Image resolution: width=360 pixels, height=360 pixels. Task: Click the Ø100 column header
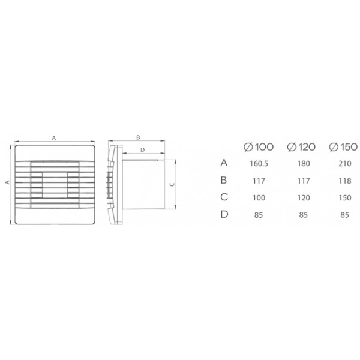tap(259, 147)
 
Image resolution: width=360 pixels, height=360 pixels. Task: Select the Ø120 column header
tap(301, 147)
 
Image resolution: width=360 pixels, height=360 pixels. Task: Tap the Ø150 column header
tap(343, 147)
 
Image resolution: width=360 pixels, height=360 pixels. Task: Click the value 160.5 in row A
tap(259, 163)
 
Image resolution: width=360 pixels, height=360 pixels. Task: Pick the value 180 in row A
tap(304, 163)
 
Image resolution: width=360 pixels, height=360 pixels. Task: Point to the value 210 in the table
tap(345, 163)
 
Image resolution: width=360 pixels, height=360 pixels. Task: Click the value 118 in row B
tap(345, 181)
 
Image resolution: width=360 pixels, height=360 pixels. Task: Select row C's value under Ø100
tap(259, 197)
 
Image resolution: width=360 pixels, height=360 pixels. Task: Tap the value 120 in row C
tap(304, 197)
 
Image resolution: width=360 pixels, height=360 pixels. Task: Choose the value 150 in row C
tap(345, 197)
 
